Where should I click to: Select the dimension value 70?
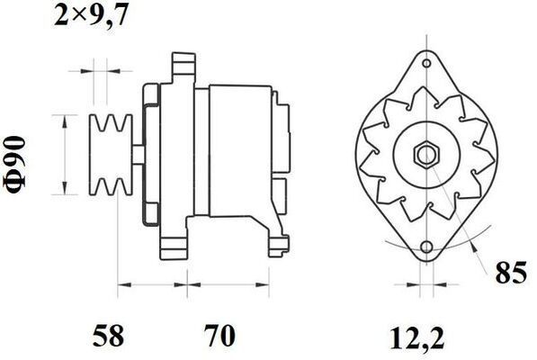coord(219,337)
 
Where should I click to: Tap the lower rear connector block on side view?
coord(280,190)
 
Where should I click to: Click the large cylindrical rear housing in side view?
coord(239,153)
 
